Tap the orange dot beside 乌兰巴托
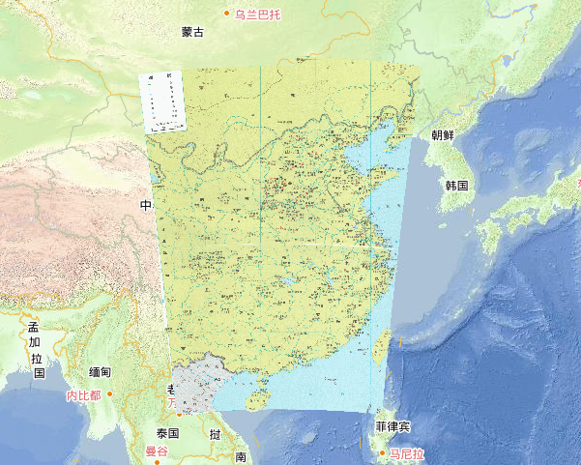click(227, 13)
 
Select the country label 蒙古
click(192, 32)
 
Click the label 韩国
click(456, 185)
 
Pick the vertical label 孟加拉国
click(35, 350)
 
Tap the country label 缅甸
click(100, 372)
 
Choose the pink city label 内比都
click(83, 395)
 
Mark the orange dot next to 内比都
click(111, 394)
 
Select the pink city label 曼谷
click(157, 451)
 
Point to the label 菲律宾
click(392, 426)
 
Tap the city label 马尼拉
click(406, 452)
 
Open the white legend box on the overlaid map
click(162, 102)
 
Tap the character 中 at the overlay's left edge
click(146, 206)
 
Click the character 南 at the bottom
click(241, 456)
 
